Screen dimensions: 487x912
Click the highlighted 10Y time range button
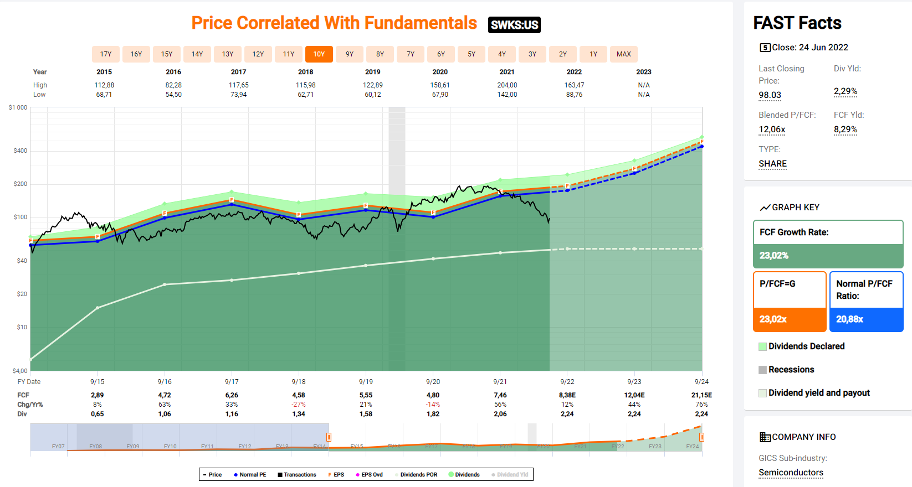coord(319,54)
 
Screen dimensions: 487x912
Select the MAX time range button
coord(623,54)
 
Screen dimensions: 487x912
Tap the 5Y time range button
coord(471,54)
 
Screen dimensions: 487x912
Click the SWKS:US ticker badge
coord(514,25)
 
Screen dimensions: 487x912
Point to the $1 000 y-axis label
coord(18,107)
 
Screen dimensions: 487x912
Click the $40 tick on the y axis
coord(22,261)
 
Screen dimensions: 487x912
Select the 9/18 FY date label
coord(299,382)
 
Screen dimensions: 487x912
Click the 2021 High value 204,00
coord(507,85)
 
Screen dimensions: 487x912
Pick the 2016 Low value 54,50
coord(173,95)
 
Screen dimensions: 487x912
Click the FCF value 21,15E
coord(701,395)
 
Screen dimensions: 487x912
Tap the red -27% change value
coord(299,405)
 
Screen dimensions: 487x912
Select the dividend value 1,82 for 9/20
coord(433,414)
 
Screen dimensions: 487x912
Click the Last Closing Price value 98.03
coord(770,95)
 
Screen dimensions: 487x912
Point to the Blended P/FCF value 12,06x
coord(772,129)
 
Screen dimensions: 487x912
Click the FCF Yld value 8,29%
coord(845,129)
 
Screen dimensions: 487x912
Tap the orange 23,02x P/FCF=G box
coord(790,319)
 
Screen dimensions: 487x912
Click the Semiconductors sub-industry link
coord(791,473)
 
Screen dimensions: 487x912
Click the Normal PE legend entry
coord(250,475)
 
